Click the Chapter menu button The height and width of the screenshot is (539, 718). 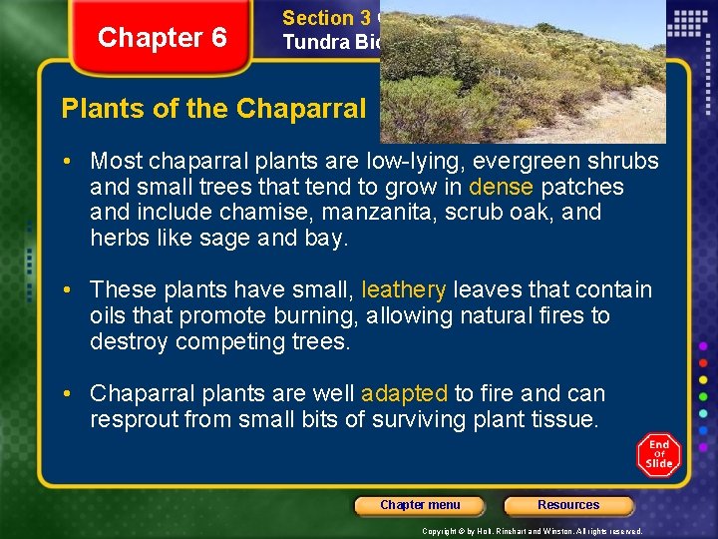pyautogui.click(x=420, y=505)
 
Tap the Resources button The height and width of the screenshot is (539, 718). pyautogui.click(x=568, y=505)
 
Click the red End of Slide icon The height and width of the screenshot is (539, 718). pyautogui.click(x=658, y=454)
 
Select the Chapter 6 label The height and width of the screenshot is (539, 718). pyautogui.click(x=163, y=38)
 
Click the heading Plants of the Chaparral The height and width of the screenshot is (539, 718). pyautogui.click(x=213, y=109)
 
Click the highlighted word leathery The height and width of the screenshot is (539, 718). pyautogui.click(x=404, y=290)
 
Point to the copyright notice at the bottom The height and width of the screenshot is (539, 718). pyautogui.click(x=532, y=531)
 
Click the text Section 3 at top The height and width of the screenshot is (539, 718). pyautogui.click(x=326, y=18)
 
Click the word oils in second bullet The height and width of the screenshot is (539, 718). pyautogui.click(x=109, y=316)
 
